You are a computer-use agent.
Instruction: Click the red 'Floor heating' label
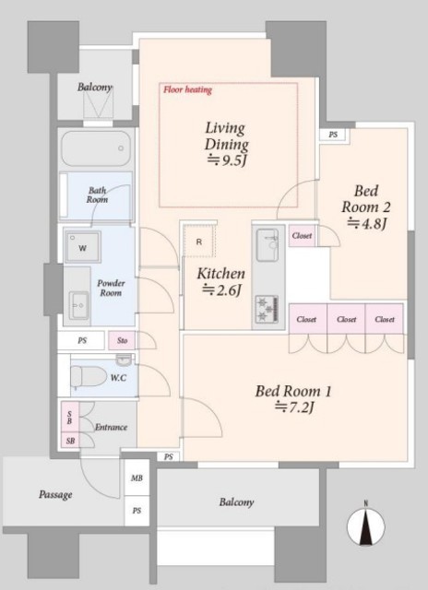[187, 89]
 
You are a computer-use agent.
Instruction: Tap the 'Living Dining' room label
[226, 136]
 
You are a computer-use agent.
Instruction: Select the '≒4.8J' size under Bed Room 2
[366, 223]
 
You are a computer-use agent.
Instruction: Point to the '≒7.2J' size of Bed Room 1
[294, 407]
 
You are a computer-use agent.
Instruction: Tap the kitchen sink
[267, 244]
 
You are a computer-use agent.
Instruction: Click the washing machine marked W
[82, 247]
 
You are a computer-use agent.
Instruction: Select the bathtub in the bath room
[96, 148]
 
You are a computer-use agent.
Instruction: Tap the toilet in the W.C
[89, 377]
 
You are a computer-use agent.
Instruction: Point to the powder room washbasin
[79, 305]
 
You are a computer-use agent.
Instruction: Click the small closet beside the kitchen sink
[302, 236]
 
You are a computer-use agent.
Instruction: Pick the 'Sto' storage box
[122, 340]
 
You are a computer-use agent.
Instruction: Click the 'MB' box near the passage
[137, 478]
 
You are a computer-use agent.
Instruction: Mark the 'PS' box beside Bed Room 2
[333, 135]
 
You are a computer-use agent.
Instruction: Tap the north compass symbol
[365, 525]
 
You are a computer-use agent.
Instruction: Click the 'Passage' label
[55, 494]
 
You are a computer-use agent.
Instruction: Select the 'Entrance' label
[111, 427]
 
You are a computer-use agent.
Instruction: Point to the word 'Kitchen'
[221, 274]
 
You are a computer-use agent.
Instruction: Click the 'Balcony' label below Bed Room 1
[236, 502]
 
